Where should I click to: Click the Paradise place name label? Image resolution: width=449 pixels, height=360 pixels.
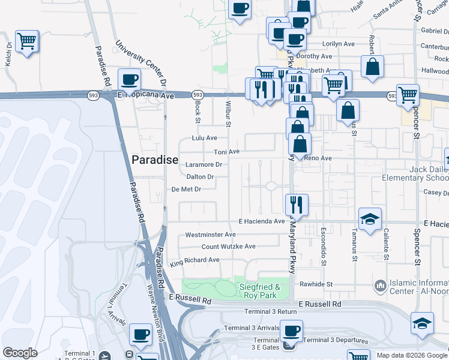[155, 159]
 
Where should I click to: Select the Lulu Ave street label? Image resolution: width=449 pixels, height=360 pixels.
[204, 138]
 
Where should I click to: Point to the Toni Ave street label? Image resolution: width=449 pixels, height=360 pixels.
[227, 152]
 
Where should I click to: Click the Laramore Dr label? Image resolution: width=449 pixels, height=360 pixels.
[204, 164]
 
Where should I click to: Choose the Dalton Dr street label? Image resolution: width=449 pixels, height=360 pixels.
[200, 177]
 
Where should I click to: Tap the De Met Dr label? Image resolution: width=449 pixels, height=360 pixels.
[185, 189]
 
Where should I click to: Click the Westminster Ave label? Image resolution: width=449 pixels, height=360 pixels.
[210, 234]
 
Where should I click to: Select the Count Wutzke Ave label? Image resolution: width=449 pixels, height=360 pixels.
[228, 247]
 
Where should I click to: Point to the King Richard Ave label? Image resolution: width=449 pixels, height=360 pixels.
[194, 260]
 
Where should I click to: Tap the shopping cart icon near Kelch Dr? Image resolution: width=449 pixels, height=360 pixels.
[27, 42]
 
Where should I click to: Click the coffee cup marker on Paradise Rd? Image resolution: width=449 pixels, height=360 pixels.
[130, 79]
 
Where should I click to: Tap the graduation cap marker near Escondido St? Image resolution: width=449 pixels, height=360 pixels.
[370, 218]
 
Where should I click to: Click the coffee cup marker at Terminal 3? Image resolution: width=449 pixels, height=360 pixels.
[292, 331]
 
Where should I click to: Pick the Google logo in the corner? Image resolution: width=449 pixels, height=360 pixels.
[20, 353]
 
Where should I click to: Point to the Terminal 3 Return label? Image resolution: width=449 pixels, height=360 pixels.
[271, 311]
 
